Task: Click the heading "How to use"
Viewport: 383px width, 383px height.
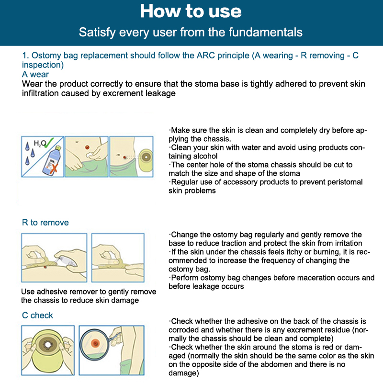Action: tap(191, 11)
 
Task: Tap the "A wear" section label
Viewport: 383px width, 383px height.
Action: tap(35, 74)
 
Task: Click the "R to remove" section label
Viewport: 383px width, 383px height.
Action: tap(45, 222)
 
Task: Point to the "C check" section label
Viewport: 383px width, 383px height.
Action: tap(37, 315)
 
